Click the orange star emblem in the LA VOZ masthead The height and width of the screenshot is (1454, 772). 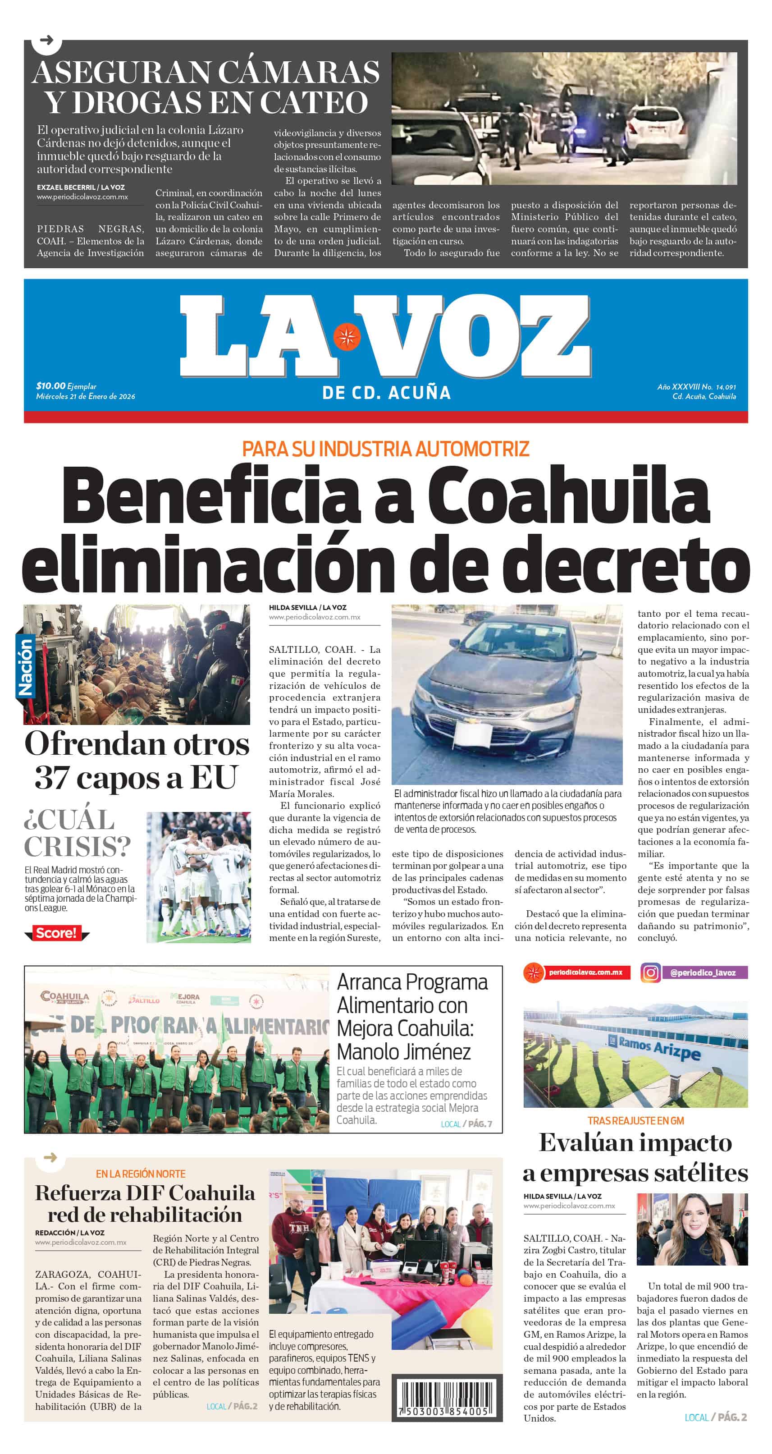click(x=347, y=337)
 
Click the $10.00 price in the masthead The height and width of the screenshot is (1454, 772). click(x=51, y=386)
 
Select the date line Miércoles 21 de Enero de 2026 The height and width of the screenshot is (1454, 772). click(x=86, y=396)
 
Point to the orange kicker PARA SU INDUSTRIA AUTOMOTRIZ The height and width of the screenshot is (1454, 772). click(x=385, y=449)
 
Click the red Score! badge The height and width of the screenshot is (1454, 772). click(x=56, y=932)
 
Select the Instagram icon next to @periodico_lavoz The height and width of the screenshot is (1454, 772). click(x=650, y=972)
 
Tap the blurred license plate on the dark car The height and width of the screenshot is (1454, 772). click(x=473, y=735)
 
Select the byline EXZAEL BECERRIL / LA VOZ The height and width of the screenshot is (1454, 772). click(x=81, y=188)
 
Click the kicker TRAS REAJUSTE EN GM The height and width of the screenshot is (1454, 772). click(x=635, y=1120)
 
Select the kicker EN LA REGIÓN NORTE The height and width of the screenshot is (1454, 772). click(x=141, y=1174)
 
